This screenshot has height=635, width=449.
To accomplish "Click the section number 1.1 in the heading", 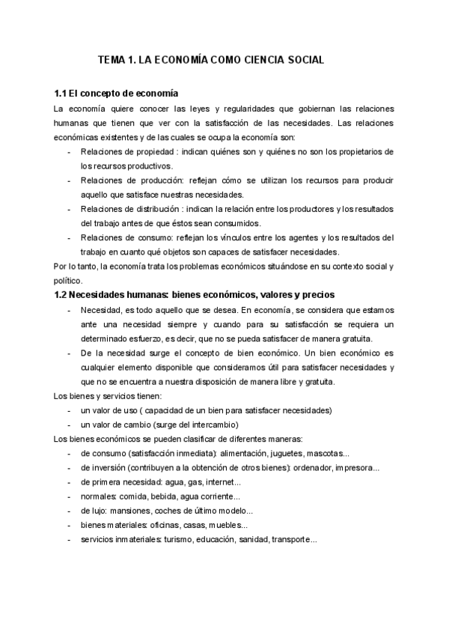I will pos(61,94).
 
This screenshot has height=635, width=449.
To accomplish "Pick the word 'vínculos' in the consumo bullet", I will pos(228,237).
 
